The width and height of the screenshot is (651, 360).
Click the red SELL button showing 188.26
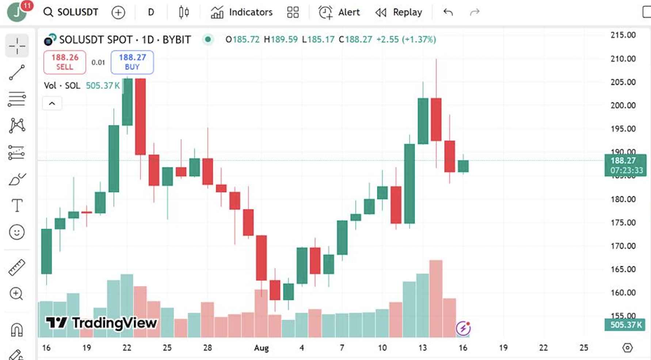click(65, 62)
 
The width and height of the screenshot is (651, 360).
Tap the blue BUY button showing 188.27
click(132, 62)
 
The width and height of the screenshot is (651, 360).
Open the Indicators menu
click(242, 12)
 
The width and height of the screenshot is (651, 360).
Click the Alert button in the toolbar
click(339, 12)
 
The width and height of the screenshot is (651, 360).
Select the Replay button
click(399, 12)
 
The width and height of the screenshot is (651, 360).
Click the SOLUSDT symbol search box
click(71, 12)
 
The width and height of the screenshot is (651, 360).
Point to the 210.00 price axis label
click(623, 58)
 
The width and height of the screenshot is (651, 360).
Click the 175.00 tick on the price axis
click(623, 222)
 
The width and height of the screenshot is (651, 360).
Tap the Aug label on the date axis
click(261, 348)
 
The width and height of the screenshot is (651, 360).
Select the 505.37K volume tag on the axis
click(625, 325)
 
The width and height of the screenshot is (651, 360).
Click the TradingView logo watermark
click(102, 323)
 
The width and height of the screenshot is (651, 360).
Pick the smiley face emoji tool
click(17, 232)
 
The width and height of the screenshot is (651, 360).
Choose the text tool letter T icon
click(17, 206)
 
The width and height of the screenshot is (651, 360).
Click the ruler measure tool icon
click(17, 267)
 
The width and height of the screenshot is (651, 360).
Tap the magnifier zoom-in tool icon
click(17, 294)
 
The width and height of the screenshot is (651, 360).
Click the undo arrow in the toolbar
click(448, 12)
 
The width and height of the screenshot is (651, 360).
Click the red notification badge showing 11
click(27, 5)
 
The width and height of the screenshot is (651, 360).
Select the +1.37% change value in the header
click(419, 39)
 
